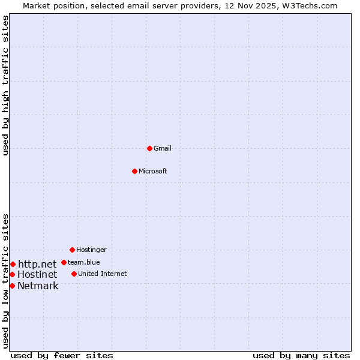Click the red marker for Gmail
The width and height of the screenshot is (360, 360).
pos(149,148)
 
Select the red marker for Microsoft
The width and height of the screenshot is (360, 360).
pos(134,171)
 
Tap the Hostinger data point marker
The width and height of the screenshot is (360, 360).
pos(72,250)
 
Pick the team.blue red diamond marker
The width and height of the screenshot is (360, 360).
pos(64,262)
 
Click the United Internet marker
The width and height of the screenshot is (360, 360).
pos(74,274)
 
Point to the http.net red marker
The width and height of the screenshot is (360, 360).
pos(13,264)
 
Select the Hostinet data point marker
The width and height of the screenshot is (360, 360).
pos(12,274)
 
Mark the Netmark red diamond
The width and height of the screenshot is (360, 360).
pos(12,286)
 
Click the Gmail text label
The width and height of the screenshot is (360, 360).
pos(163,148)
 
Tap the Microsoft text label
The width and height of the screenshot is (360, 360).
pos(152,171)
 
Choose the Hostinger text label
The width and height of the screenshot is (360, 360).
pos(91,250)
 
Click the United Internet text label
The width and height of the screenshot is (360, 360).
pos(102,274)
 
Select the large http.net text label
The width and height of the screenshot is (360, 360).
pos(37,264)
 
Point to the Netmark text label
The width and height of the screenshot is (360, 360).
pos(38,286)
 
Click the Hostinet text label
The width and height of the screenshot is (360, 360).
pos(37,274)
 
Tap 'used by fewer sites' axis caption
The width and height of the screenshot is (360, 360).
pos(62,355)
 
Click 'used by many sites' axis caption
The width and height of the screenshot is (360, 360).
pos(301,355)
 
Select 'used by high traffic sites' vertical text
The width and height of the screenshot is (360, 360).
pos(5,85)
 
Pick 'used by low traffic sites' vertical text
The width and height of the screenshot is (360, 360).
pos(5,280)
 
